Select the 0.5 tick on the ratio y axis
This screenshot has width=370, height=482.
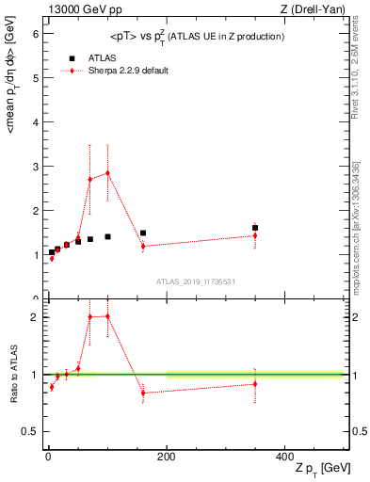[30, 431]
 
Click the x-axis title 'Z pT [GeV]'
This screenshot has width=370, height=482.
[320, 469]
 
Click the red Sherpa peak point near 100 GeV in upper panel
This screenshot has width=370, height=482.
[107, 172]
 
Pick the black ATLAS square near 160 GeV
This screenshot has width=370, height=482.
[143, 233]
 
